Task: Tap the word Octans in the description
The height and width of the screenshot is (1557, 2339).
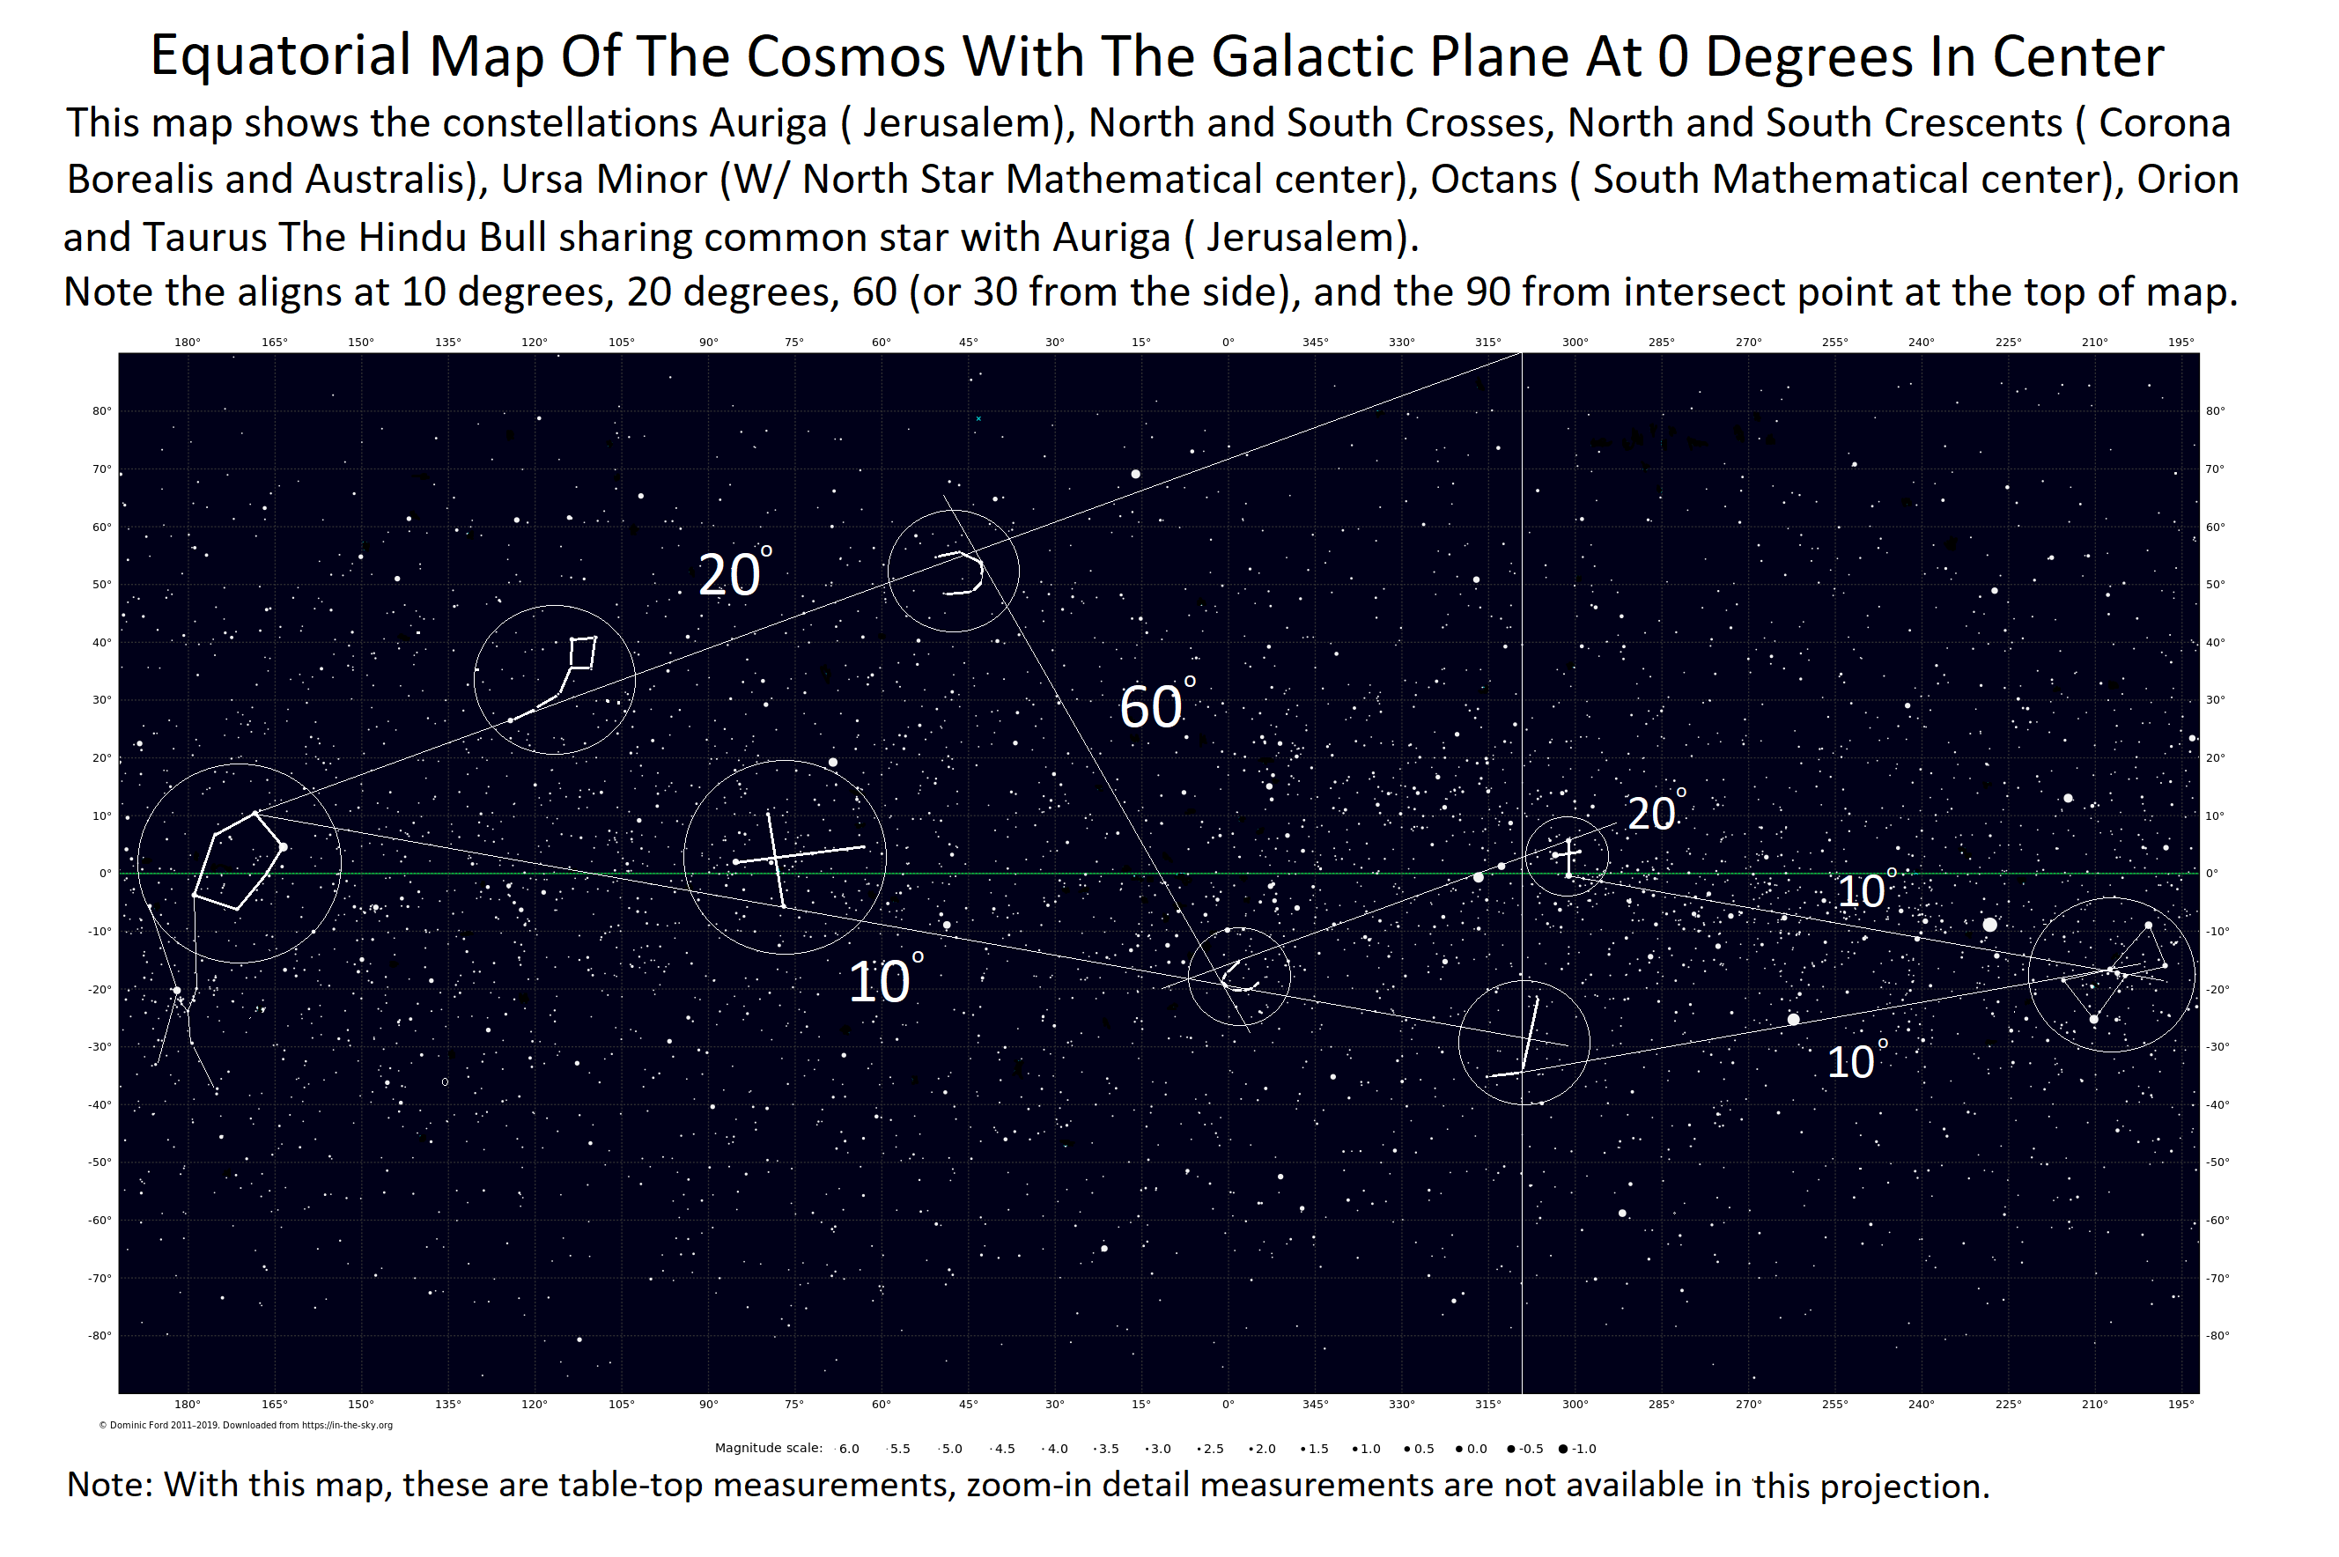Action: [x=1494, y=180]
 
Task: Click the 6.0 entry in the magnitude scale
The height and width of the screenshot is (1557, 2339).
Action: [x=847, y=1449]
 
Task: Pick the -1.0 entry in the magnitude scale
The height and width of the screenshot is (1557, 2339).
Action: [x=1577, y=1449]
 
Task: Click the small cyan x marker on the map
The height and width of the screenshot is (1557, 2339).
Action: [x=978, y=419]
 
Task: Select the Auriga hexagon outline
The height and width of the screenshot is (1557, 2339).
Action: [x=236, y=860]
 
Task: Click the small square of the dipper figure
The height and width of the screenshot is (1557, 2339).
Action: [x=583, y=653]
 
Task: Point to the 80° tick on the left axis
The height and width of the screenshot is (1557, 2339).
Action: [x=102, y=411]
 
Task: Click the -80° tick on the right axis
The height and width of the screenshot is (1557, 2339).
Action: [x=2217, y=1336]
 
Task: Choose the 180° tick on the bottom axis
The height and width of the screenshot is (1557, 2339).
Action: [x=187, y=1404]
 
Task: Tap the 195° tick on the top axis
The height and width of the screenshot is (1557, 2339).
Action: [x=2180, y=343]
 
